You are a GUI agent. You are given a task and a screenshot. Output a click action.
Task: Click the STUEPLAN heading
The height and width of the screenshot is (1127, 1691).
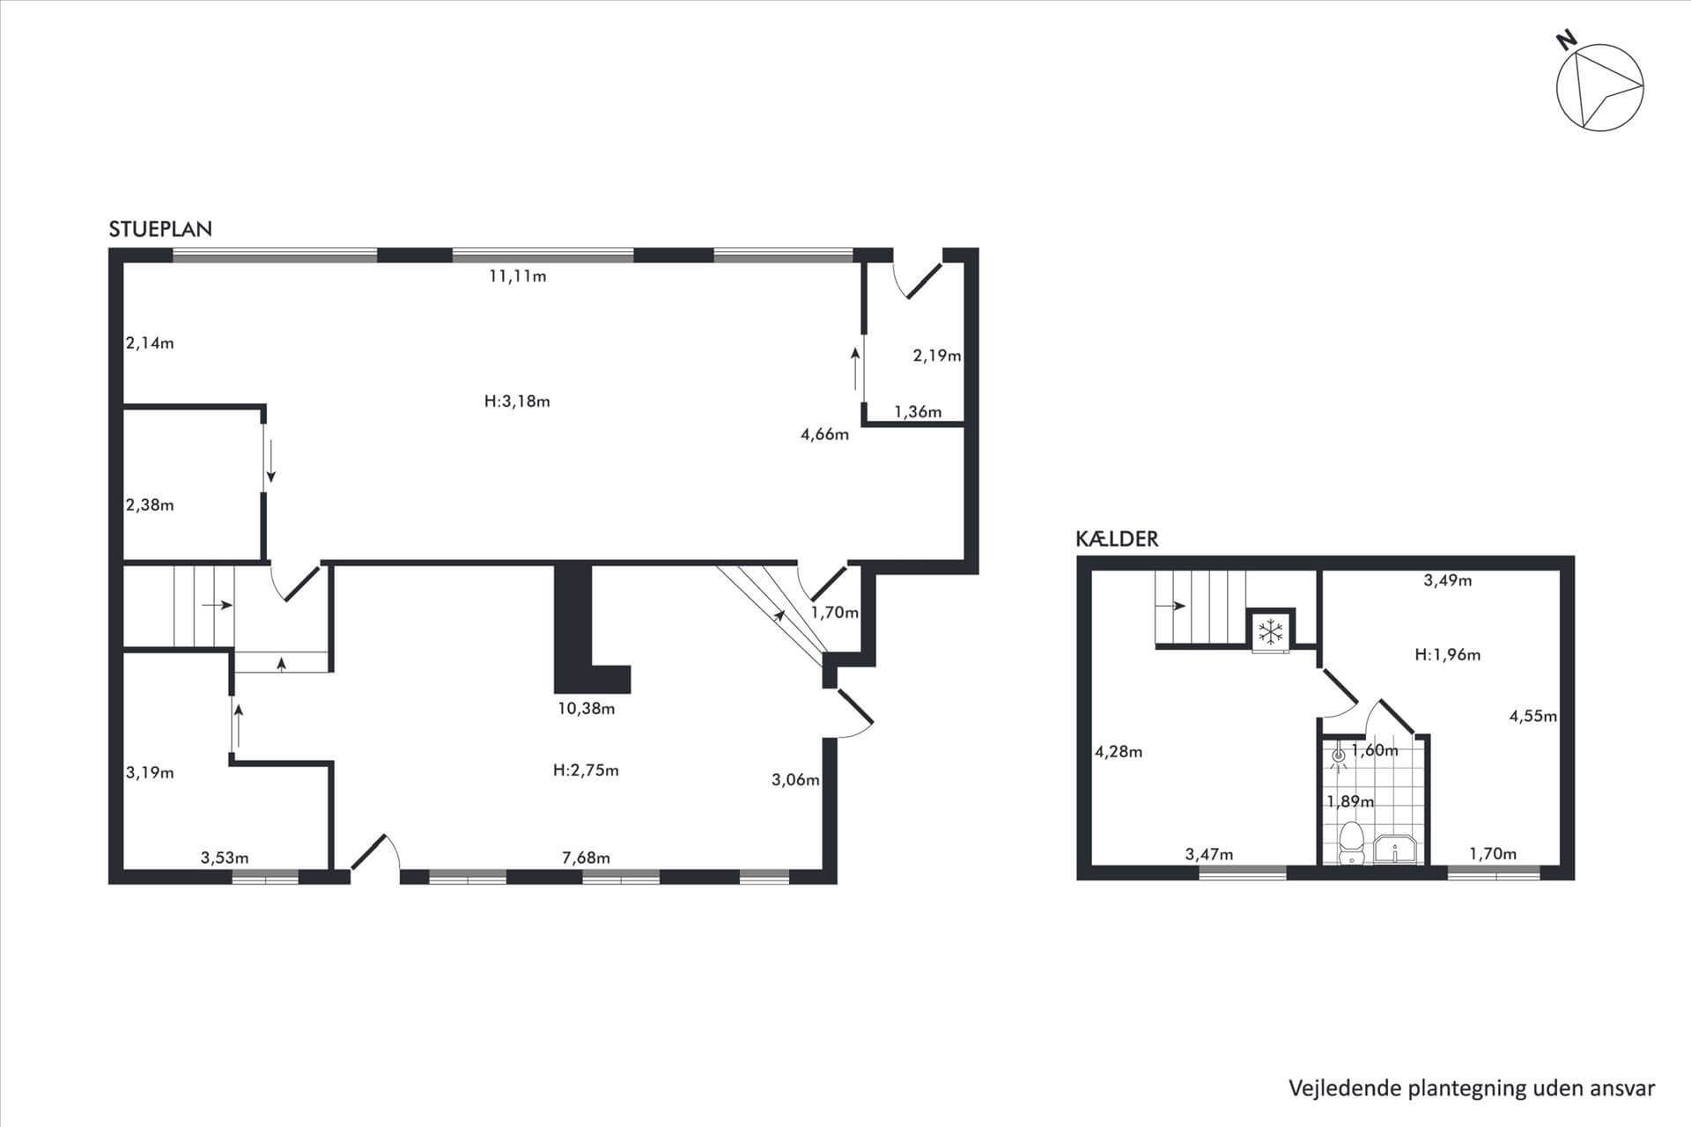click(x=160, y=229)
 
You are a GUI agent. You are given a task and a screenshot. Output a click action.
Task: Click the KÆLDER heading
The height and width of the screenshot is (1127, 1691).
click(x=1117, y=539)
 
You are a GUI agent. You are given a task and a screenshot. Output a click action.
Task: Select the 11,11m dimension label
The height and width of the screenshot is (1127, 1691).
click(x=518, y=276)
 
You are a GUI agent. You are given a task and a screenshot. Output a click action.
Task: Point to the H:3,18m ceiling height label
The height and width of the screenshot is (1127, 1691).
click(x=518, y=401)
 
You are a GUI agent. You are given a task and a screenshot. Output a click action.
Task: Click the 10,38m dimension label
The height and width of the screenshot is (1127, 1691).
click(x=587, y=709)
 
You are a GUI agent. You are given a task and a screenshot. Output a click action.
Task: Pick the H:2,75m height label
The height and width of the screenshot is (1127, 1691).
click(x=587, y=770)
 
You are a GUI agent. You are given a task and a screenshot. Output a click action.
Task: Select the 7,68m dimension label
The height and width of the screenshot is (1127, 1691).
click(x=587, y=858)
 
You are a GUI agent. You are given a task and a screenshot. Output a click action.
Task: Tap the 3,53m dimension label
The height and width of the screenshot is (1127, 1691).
click(x=225, y=858)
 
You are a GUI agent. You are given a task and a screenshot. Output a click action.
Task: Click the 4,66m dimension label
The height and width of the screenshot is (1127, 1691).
click(x=825, y=434)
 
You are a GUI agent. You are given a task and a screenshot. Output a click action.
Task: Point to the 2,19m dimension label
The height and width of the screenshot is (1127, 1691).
click(x=937, y=356)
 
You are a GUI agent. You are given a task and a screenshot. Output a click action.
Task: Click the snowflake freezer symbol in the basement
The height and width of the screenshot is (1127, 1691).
click(x=1270, y=631)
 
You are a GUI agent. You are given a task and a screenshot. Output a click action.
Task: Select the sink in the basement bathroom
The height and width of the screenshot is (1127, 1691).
click(x=1396, y=851)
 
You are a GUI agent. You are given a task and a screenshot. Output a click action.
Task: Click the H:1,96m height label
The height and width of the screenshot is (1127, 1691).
click(x=1448, y=655)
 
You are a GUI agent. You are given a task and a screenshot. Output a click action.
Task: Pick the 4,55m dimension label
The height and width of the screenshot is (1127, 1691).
click(x=1533, y=716)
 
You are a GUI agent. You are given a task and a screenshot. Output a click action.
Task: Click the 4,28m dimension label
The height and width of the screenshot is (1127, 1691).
click(x=1119, y=752)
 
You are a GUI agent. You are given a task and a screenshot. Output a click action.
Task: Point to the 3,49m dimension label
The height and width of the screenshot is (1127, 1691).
click(x=1448, y=580)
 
